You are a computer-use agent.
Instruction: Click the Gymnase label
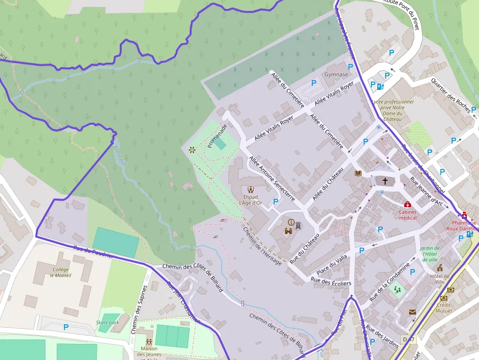pyautogui.click(x=336, y=75)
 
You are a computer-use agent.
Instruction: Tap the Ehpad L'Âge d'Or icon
pyautogui.click(x=251, y=190)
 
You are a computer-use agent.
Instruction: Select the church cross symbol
pyautogui.click(x=385, y=181)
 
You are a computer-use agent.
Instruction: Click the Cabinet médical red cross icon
pyautogui.click(x=408, y=204)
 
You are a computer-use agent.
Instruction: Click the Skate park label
pyautogui.click(x=108, y=322)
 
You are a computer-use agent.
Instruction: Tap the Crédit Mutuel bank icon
pyautogui.click(x=443, y=298)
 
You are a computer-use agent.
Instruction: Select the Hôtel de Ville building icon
pyautogui.click(x=440, y=268)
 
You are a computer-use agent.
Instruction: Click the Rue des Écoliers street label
pyautogui.click(x=331, y=281)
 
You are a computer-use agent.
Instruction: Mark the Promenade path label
pyautogui.click(x=217, y=136)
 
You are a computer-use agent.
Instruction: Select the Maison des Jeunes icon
pyautogui.click(x=149, y=341)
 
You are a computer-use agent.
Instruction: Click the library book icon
pyautogui.click(x=358, y=173)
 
